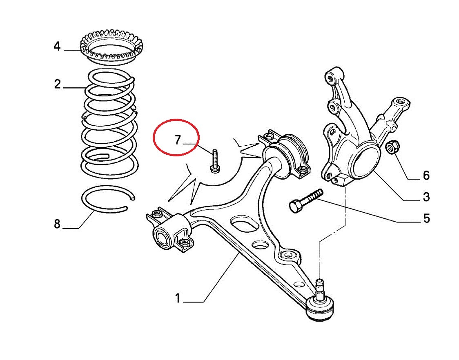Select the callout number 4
[x=57, y=47]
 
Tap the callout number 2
[x=57, y=84]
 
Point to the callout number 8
[x=57, y=224]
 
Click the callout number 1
[x=177, y=298]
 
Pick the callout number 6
[x=426, y=176]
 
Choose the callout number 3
[x=426, y=197]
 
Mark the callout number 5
[x=426, y=219]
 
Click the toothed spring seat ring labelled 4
[x=111, y=47]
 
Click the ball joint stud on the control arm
[x=321, y=288]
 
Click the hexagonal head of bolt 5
[x=296, y=207]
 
